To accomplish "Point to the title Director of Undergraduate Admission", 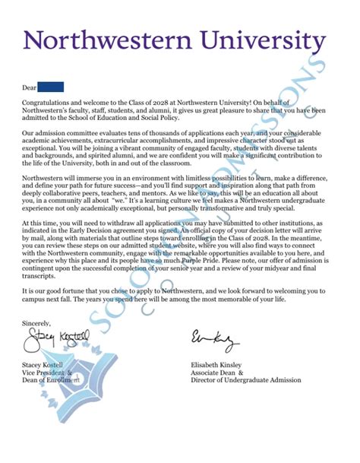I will [x=246, y=380].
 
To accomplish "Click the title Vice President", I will [x=44, y=373].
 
